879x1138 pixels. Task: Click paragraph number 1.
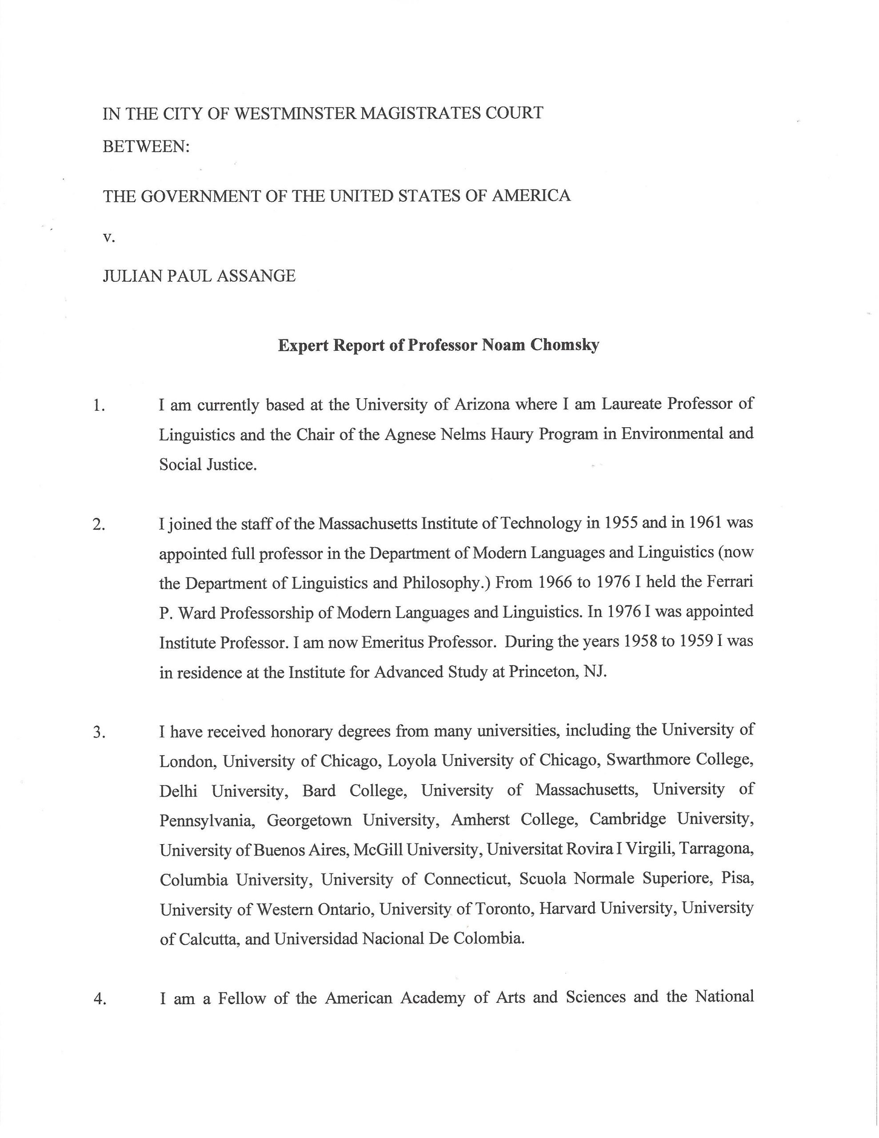click(99, 405)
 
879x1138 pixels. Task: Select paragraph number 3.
click(99, 733)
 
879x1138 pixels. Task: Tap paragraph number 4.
click(99, 999)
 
